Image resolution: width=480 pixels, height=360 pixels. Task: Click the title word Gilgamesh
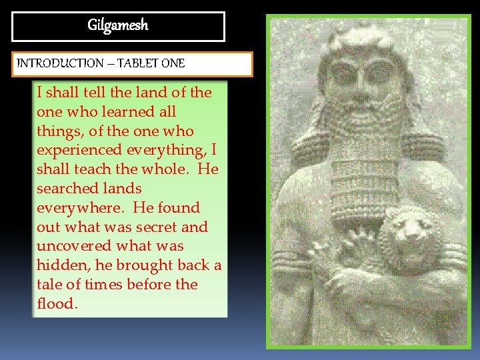(x=118, y=26)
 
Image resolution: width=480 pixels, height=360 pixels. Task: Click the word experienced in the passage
(x=78, y=150)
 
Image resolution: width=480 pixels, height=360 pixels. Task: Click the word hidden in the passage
(x=59, y=265)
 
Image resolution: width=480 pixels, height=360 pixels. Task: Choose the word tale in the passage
(x=49, y=285)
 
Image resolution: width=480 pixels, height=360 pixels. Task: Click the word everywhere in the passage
(x=75, y=208)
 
